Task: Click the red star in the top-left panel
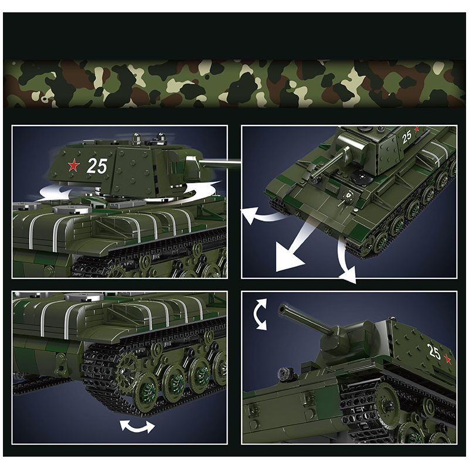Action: pos(73,166)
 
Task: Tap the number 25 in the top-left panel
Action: pos(97,166)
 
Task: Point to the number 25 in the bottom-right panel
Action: pos(434,352)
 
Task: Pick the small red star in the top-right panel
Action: pos(417,129)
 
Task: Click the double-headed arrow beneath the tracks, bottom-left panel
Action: pos(137,426)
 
